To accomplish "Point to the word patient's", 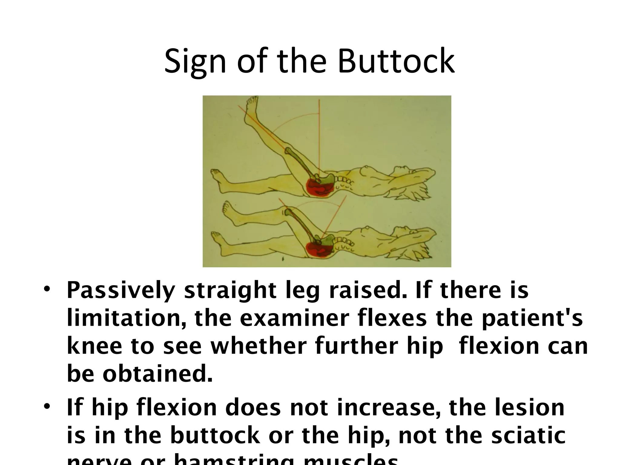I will (x=532, y=318).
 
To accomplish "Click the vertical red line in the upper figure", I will (x=319, y=136).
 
